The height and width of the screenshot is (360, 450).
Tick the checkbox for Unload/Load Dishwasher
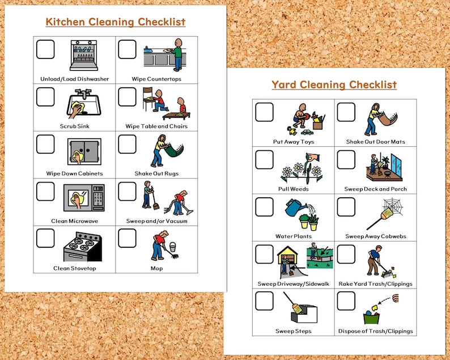[45, 49]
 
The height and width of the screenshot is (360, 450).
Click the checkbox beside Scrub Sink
[45, 96]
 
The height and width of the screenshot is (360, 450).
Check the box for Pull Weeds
[264, 159]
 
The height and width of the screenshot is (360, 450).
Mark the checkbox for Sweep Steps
[264, 301]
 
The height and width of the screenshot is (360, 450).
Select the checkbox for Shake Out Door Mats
[346, 112]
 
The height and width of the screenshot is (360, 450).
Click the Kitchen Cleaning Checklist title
[116, 22]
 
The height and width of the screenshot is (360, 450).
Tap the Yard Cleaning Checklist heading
[334, 85]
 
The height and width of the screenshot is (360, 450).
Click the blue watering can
[294, 208]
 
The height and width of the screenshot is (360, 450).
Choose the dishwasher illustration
[83, 57]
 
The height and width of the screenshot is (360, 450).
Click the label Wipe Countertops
[156, 79]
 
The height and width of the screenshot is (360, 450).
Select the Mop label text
[156, 268]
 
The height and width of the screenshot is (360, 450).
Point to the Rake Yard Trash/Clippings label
[375, 283]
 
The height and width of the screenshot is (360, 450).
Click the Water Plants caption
[294, 236]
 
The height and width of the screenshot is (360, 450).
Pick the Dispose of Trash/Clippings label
[375, 331]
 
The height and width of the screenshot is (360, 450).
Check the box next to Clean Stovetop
[45, 238]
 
